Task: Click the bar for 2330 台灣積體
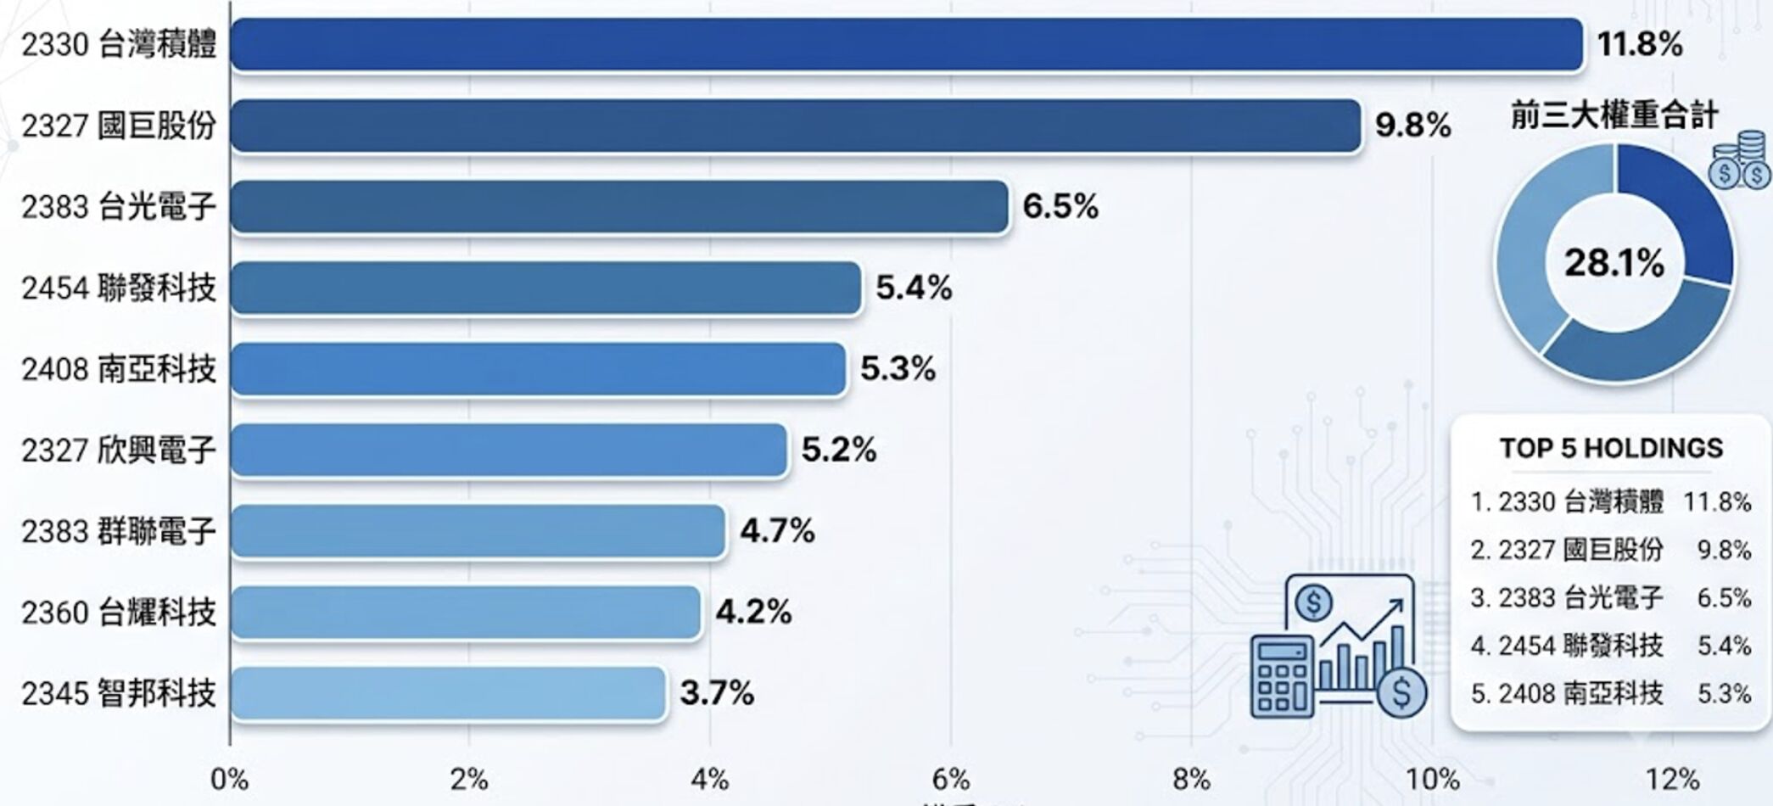[x=907, y=44]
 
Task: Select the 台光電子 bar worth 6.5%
[x=620, y=206]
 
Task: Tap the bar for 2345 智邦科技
[x=448, y=693]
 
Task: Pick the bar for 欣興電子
[x=509, y=450]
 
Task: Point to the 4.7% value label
[x=777, y=531]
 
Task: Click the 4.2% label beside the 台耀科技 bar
[x=753, y=612]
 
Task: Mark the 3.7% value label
[x=717, y=693]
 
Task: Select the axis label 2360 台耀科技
[x=119, y=612]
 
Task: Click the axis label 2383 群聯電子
[x=119, y=531]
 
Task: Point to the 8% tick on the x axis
[x=1191, y=779]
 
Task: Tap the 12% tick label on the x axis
[x=1673, y=779]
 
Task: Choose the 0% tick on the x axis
[x=229, y=779]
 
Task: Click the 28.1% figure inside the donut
[x=1614, y=263]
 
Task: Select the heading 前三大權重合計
[x=1614, y=115]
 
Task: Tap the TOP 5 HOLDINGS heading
[x=1611, y=448]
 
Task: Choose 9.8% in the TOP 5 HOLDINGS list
[x=1724, y=550]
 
